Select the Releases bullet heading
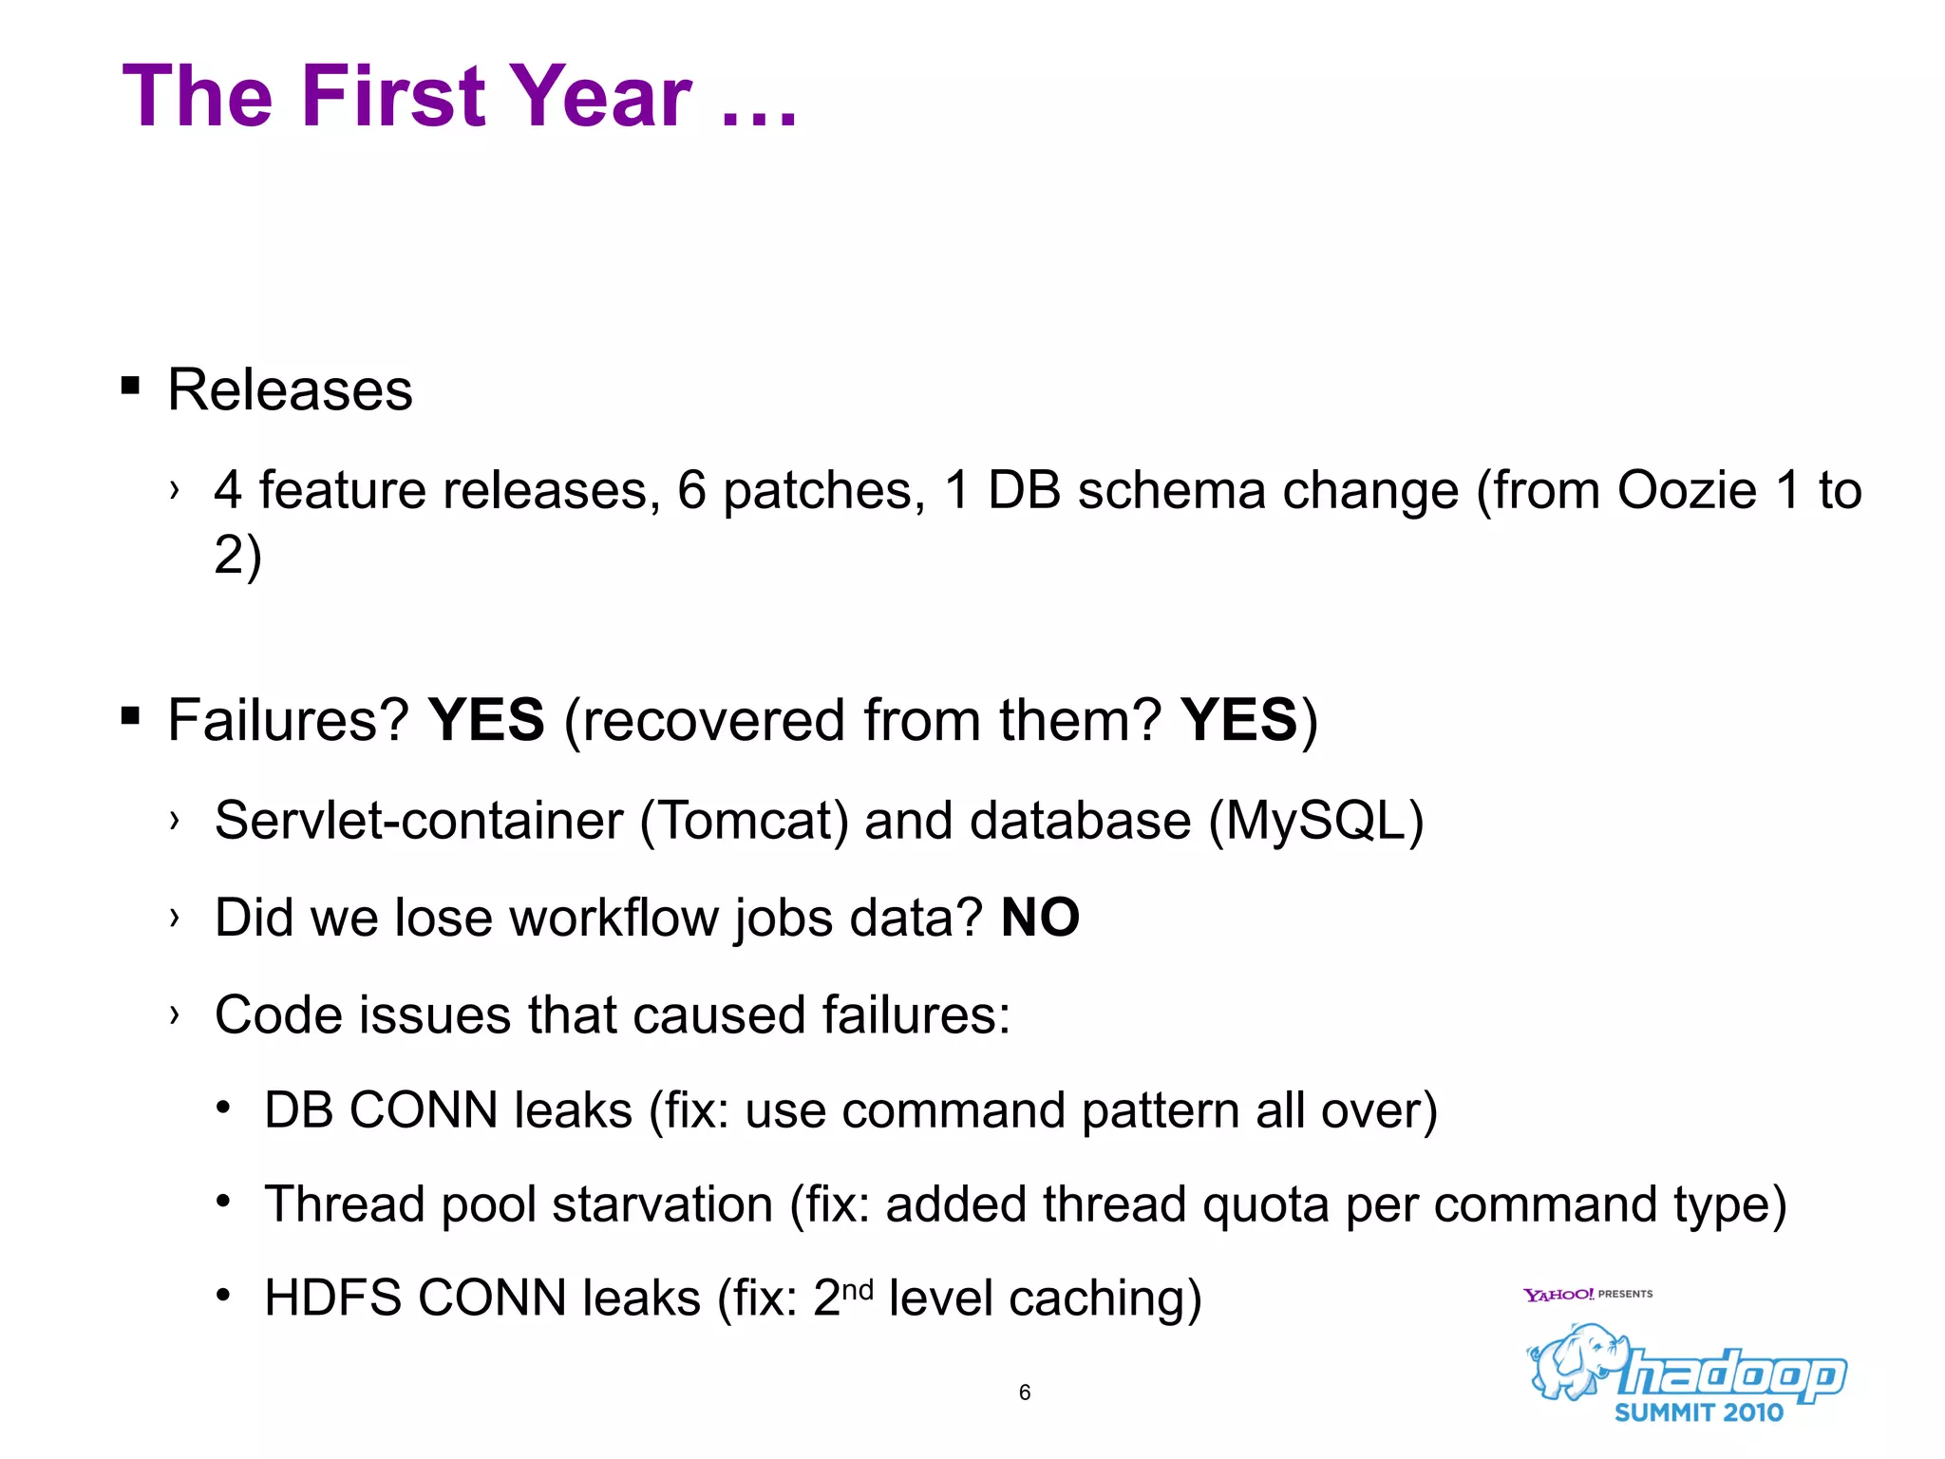(x=290, y=389)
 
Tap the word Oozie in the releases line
(x=1687, y=491)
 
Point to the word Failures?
(x=288, y=719)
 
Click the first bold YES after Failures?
(x=486, y=719)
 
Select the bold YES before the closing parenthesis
(x=1238, y=719)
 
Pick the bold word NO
(x=1040, y=918)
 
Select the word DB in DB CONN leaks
(x=298, y=1109)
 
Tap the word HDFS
(x=332, y=1298)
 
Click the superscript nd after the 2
(x=857, y=1289)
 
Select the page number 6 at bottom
(x=1024, y=1393)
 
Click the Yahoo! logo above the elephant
(x=1558, y=1295)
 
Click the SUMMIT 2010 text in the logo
(x=1698, y=1412)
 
